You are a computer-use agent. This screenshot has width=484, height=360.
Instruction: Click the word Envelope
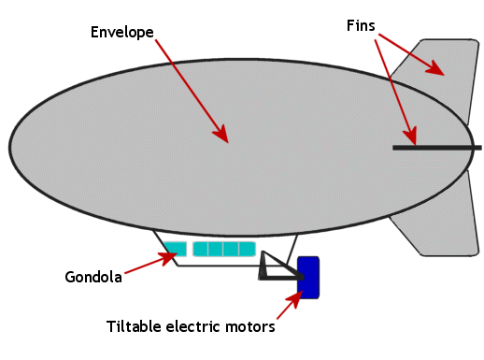pyautogui.click(x=122, y=32)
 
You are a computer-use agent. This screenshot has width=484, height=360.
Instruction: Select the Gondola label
pyautogui.click(x=93, y=277)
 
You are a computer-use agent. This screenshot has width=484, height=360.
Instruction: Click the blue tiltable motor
pyautogui.click(x=308, y=277)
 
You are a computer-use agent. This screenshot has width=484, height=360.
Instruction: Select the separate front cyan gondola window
pyautogui.click(x=175, y=248)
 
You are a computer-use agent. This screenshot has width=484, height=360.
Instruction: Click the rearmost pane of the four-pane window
pyautogui.click(x=248, y=249)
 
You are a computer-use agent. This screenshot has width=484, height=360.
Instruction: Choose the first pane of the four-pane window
pyautogui.click(x=201, y=249)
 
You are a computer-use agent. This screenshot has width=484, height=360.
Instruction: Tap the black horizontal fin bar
pyautogui.click(x=436, y=148)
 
